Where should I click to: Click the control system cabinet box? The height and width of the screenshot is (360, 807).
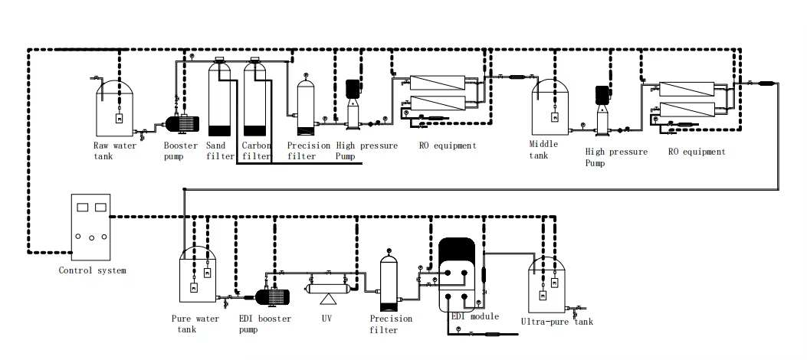(x=91, y=226)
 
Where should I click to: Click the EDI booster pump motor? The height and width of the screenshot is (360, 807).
(x=270, y=296)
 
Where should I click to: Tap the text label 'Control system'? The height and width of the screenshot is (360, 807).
(x=92, y=270)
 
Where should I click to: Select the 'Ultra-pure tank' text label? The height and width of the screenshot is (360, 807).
(x=556, y=322)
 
